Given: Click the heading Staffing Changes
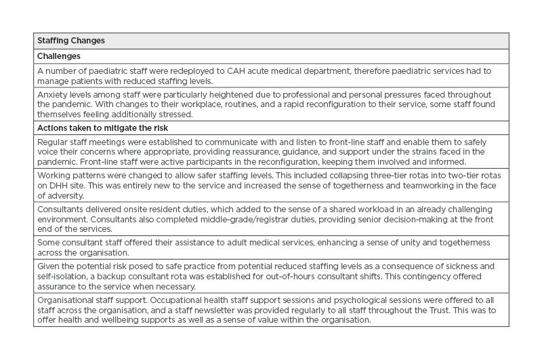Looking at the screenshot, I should tap(71, 41).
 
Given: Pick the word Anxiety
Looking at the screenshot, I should tap(51, 94).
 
